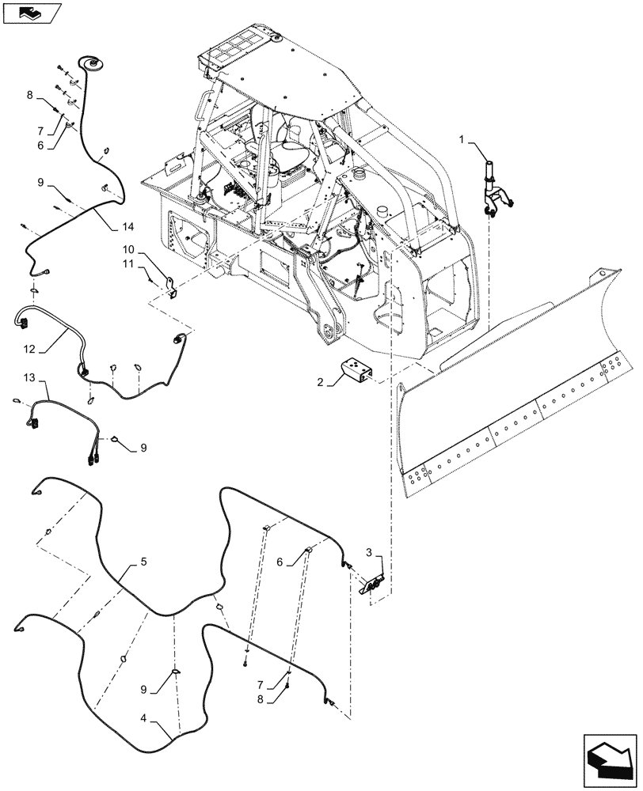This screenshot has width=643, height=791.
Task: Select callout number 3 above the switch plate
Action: tap(369, 551)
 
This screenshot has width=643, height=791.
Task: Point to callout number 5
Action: tap(143, 561)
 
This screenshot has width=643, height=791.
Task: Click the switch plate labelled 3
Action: tap(373, 585)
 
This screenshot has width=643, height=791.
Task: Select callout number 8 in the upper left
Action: tap(29, 95)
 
